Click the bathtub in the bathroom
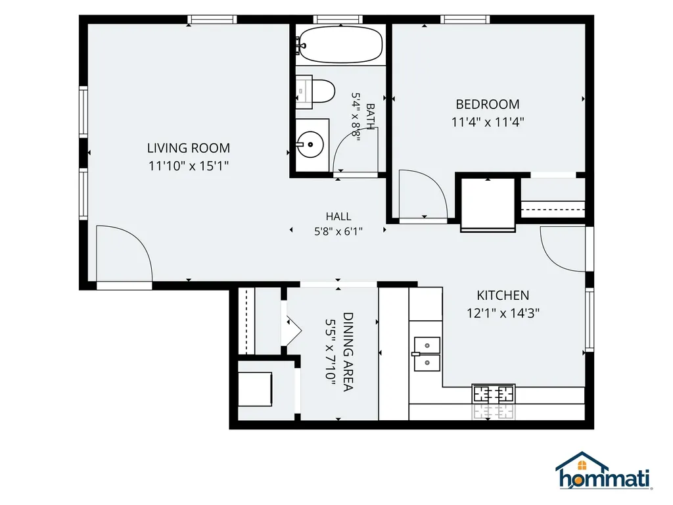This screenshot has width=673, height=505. tap(340, 44)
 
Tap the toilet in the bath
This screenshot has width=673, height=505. tap(315, 91)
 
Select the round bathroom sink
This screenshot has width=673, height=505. tap(310, 144)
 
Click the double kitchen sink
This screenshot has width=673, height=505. tap(427, 354)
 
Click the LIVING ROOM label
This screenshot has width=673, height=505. tap(189, 148)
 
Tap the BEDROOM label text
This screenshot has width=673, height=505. tap(488, 105)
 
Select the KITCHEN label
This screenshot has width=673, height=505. tap(503, 295)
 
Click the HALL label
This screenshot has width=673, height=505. tap(338, 216)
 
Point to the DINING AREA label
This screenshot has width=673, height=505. tap(348, 352)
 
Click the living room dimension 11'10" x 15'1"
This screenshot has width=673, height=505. tap(189, 166)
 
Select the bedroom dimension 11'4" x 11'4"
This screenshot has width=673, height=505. tap(488, 122)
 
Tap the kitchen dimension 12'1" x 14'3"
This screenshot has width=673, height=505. tap(503, 313)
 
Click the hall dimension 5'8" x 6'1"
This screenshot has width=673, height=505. tap(338, 232)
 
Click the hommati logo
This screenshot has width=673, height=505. tap(603, 471)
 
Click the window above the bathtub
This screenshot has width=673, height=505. tap(338, 19)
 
